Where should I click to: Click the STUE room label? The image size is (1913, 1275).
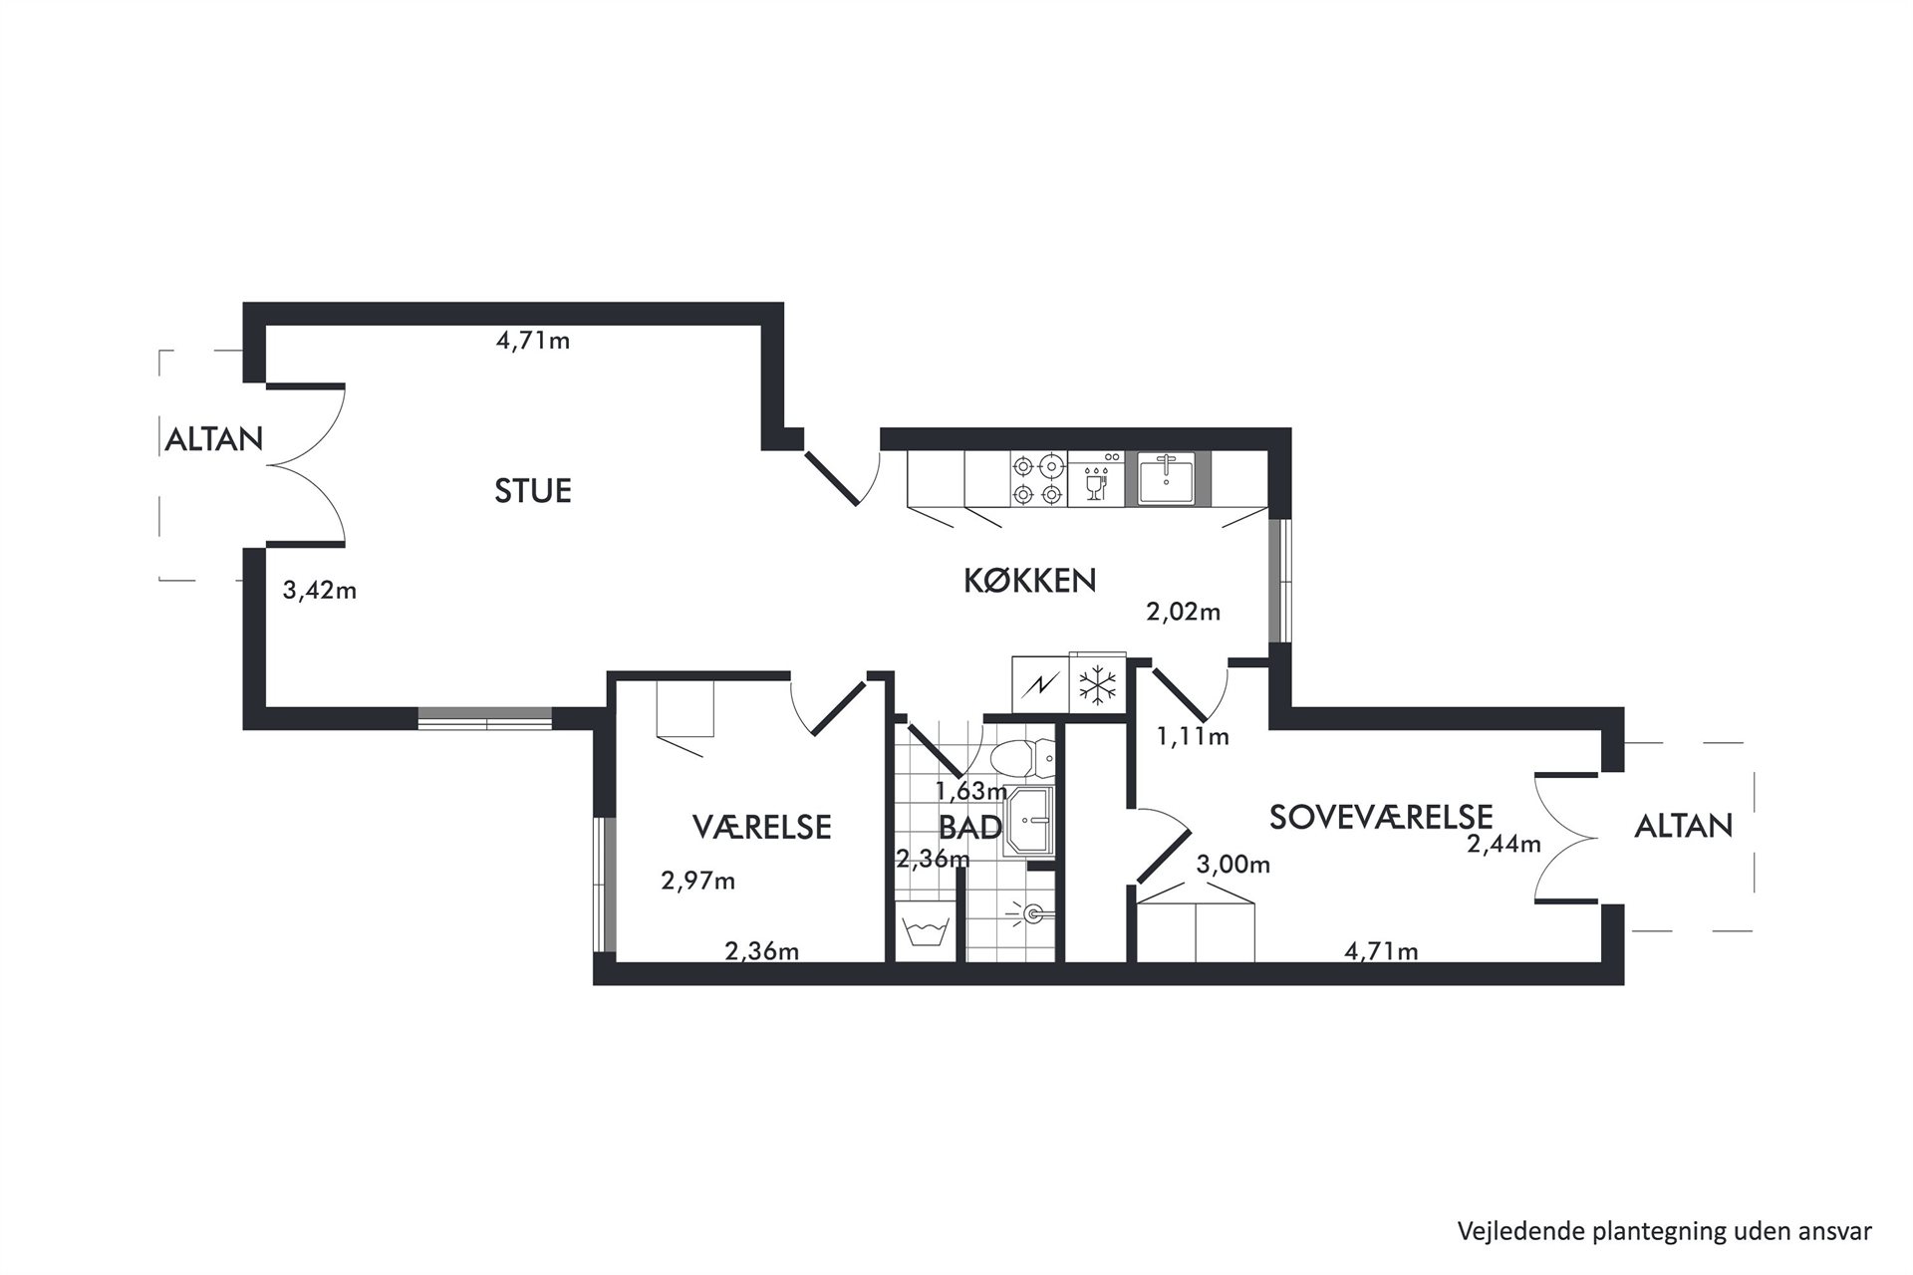[x=533, y=491]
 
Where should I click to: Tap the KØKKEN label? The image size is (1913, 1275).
[x=1029, y=581]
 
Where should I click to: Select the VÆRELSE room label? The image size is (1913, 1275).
[x=761, y=827]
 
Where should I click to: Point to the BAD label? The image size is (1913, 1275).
[x=970, y=827]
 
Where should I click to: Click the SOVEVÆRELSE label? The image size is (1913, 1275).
[x=1381, y=817]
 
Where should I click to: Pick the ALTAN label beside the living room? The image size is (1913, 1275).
[x=213, y=439]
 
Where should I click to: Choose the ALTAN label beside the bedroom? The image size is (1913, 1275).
[x=1684, y=826]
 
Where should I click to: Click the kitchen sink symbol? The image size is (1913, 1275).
[x=1168, y=479]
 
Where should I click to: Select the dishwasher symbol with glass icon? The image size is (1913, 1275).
[x=1096, y=479]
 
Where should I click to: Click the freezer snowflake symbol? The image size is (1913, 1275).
[x=1097, y=685]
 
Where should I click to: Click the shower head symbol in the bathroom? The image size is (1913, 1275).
[x=1032, y=910]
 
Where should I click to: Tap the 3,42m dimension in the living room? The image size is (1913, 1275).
[x=320, y=591]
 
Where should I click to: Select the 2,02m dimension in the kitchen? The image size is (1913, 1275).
[x=1184, y=612]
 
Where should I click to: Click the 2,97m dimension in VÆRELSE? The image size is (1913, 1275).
[x=698, y=881]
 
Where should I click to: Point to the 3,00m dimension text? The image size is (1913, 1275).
[x=1233, y=865]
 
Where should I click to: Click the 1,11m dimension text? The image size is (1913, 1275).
[x=1193, y=737]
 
